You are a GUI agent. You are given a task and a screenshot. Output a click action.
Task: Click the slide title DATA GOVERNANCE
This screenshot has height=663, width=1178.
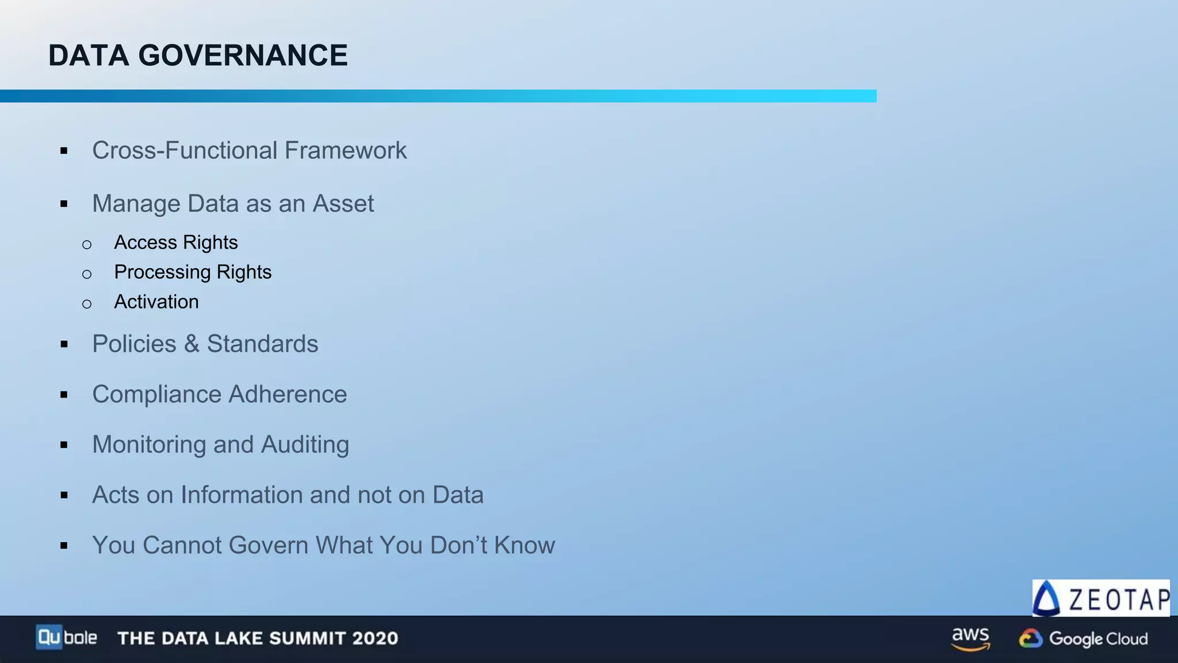[198, 56]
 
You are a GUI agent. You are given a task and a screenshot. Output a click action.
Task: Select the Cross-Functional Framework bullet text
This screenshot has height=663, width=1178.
[249, 151]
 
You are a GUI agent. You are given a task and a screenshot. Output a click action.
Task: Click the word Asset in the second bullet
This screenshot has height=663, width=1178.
[343, 204]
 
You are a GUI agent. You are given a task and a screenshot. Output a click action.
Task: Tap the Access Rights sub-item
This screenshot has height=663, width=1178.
[175, 243]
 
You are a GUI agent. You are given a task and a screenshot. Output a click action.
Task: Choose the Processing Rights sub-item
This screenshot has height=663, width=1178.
[193, 272]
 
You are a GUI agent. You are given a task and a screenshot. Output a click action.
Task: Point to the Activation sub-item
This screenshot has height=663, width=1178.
[156, 302]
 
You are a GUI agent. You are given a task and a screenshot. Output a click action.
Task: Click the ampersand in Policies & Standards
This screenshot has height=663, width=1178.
[192, 344]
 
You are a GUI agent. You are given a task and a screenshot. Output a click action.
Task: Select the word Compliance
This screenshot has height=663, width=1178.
[156, 395]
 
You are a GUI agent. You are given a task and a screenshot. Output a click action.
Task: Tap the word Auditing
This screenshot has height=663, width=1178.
[305, 445]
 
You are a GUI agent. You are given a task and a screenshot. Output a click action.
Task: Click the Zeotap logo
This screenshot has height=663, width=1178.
[1100, 599]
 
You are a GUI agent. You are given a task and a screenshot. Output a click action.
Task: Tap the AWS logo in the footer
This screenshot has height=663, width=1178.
[970, 638]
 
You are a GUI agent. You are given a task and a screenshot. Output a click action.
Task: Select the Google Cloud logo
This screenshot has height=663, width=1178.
[1083, 639]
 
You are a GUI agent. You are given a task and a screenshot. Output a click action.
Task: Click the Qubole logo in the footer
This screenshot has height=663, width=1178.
[66, 638]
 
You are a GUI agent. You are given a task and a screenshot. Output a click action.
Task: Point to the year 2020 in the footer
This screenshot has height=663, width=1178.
[375, 638]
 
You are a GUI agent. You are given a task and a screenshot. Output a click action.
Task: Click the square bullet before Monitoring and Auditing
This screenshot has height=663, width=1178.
[64, 445]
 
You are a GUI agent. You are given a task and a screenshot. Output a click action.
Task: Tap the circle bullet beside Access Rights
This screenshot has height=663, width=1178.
[87, 245]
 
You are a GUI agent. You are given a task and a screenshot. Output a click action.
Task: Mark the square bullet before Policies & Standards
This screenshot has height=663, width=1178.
[64, 345]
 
